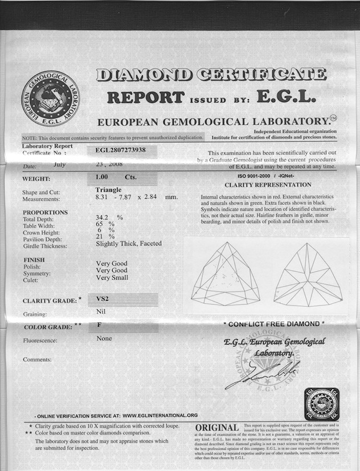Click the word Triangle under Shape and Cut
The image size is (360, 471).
coord(108,190)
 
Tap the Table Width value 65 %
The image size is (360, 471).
coord(105,224)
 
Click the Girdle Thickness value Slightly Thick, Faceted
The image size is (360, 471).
coord(129,244)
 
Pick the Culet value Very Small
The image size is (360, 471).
coord(112,278)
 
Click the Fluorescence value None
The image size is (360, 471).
coord(104,338)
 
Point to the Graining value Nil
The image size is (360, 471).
coord(101,312)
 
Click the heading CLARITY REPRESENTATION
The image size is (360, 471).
coord(268,185)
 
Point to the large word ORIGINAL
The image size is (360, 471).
coord(217,428)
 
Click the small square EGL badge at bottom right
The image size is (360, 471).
coord(321,403)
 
